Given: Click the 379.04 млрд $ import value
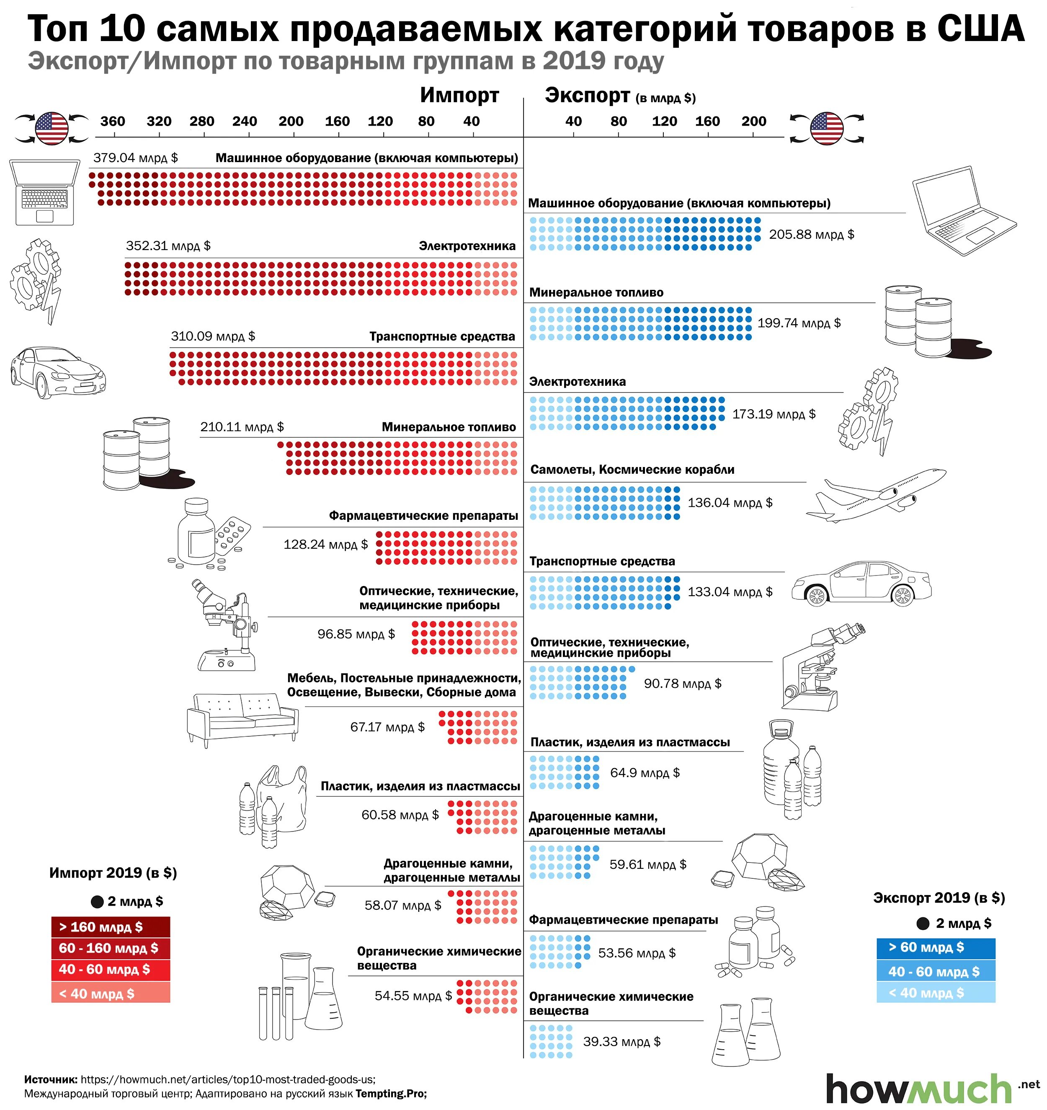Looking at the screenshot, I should point(135,157).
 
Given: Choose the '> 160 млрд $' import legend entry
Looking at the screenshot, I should point(111,927).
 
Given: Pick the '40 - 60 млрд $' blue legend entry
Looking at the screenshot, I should point(935,971).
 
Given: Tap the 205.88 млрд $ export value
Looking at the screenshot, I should point(811,235).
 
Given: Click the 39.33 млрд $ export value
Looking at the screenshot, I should point(621,1042).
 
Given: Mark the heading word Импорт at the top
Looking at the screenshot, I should point(459,96).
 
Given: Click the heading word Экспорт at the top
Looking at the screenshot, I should point(588,96).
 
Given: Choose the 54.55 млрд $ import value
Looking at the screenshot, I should point(413,996).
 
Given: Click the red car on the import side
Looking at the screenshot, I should point(57,371).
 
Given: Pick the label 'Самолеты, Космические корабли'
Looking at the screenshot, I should point(632,470).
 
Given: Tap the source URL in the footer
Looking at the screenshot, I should point(228,1080).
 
